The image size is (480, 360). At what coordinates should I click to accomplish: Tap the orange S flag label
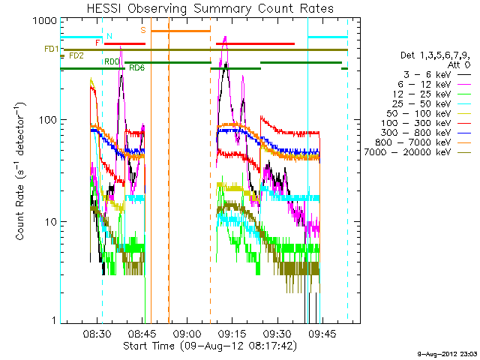[143, 29]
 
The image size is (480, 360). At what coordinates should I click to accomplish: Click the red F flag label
[97, 43]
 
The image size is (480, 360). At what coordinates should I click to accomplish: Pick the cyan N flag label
[109, 36]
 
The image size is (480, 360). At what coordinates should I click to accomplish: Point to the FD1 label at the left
[51, 49]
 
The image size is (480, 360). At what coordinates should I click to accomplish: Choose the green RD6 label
[137, 67]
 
